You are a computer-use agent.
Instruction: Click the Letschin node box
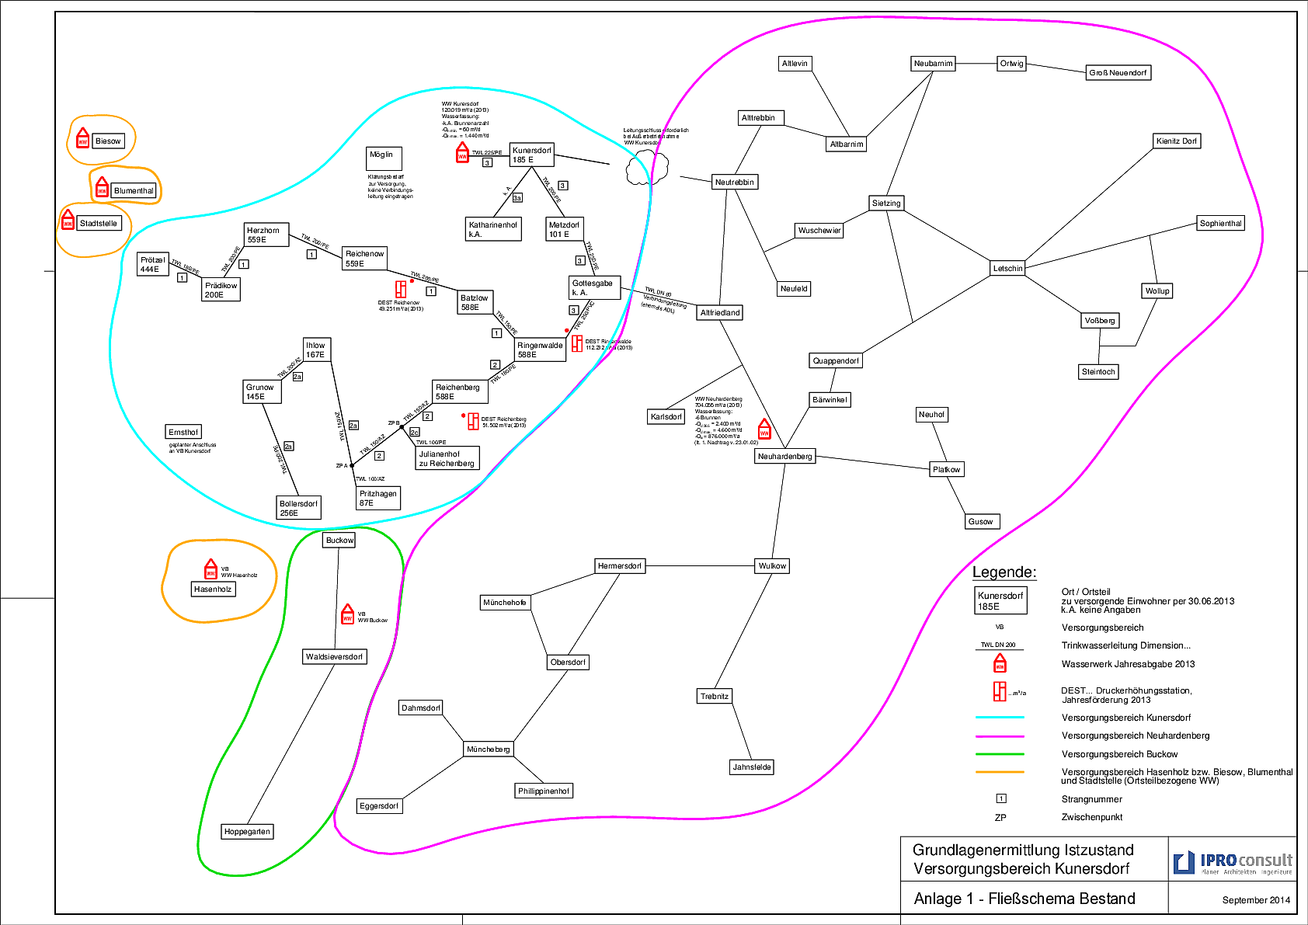(1007, 269)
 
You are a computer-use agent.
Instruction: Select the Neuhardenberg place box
(784, 457)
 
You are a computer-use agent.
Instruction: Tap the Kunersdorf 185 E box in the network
(532, 155)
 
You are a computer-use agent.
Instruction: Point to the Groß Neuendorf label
(1118, 73)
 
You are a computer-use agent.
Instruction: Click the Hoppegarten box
(247, 832)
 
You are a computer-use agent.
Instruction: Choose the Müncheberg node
(488, 749)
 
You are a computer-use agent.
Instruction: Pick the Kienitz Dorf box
(1177, 141)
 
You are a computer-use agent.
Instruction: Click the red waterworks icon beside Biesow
(83, 139)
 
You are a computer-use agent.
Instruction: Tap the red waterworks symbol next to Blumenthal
(102, 188)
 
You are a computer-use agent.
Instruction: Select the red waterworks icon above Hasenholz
(210, 569)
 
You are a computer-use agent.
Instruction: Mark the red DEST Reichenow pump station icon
(401, 289)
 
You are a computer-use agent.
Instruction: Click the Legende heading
(1004, 572)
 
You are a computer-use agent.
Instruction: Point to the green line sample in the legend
(1000, 754)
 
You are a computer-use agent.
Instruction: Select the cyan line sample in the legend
(1000, 718)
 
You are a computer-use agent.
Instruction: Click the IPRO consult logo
(1232, 862)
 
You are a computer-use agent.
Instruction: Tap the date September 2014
(1256, 900)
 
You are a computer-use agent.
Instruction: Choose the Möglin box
(384, 158)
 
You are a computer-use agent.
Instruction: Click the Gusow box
(980, 522)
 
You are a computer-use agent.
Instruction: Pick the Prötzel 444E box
(153, 265)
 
